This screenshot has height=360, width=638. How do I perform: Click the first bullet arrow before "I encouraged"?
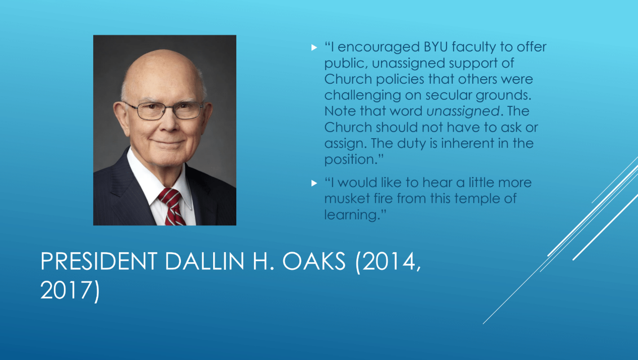click(314, 47)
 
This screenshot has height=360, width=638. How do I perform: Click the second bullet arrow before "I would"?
click(314, 183)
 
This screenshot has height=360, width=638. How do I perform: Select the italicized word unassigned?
click(463, 111)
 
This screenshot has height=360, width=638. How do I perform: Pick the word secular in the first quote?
click(449, 95)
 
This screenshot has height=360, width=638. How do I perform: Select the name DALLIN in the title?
click(205, 261)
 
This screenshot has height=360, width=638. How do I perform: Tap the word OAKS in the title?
click(314, 261)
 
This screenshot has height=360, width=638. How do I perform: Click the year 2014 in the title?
click(389, 261)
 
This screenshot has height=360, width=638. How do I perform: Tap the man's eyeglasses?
click(165, 110)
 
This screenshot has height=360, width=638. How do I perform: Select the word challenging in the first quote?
click(362, 95)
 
